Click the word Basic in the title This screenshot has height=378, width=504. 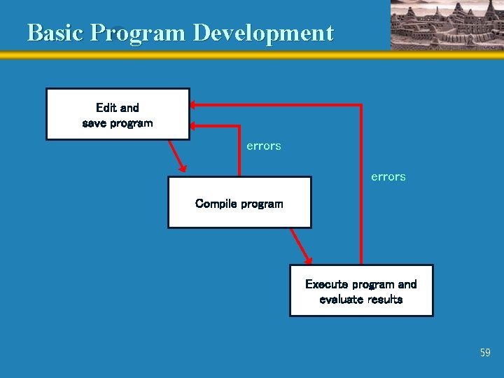[55, 33]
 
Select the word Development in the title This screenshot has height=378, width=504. [263, 33]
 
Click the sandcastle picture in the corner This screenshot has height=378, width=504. [447, 25]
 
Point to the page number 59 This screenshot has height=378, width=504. [485, 353]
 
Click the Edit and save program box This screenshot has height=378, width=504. [118, 114]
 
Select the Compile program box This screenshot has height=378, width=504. [239, 202]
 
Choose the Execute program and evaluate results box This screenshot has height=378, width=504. [361, 290]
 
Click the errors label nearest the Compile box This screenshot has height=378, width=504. [264, 146]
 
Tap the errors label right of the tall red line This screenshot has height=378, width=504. [388, 177]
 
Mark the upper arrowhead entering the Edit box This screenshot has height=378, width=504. [194, 105]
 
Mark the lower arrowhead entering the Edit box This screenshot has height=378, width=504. [194, 125]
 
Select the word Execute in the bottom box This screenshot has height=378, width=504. [326, 284]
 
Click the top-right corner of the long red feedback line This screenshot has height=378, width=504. [360, 105]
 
